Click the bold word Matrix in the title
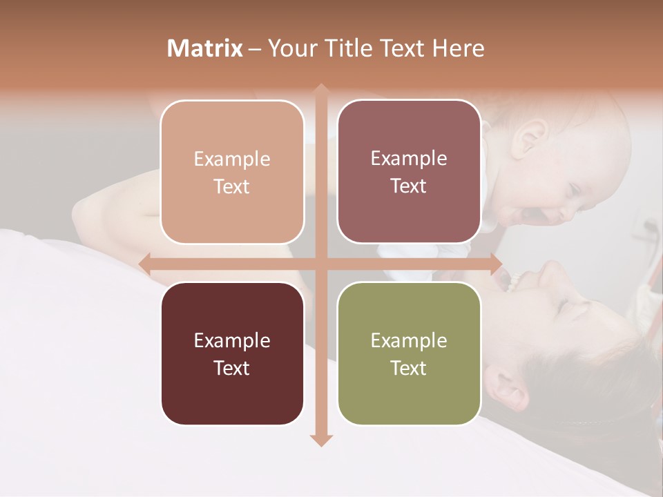205,48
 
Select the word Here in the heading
459,48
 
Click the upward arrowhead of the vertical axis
320,89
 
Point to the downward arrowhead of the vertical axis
320,440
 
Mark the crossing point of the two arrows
320,264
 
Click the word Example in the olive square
409,340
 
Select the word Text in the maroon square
232,368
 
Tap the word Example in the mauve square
409,158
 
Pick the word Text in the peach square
232,186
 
